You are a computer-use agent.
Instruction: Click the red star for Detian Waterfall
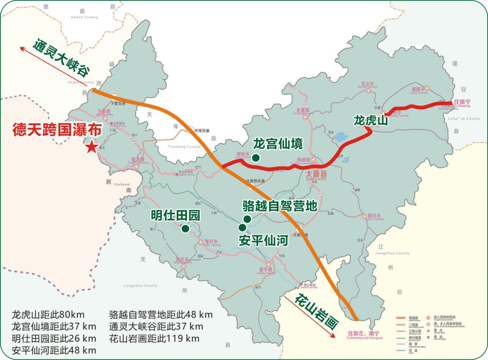(x=91, y=147)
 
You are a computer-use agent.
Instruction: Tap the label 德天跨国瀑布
(x=57, y=130)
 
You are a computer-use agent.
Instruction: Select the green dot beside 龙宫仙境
(x=255, y=158)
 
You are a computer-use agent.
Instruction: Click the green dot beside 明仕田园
(x=185, y=229)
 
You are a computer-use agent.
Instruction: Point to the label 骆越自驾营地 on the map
(x=280, y=206)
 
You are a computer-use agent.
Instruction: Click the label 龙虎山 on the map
(x=371, y=121)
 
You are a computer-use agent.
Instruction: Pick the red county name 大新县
(x=317, y=174)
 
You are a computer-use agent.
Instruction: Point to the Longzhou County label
(x=140, y=286)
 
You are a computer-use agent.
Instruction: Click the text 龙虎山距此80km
(x=48, y=315)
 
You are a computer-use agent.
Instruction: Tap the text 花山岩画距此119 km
(x=154, y=338)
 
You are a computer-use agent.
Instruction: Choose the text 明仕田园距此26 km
(x=54, y=338)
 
